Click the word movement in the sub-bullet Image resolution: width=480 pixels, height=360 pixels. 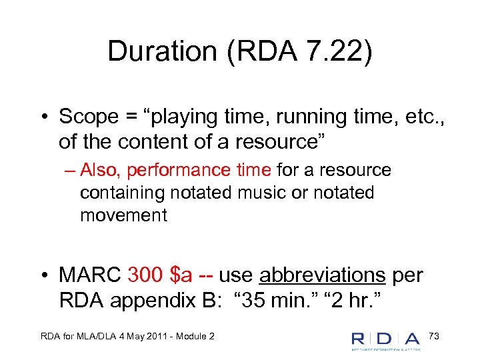tap(123, 215)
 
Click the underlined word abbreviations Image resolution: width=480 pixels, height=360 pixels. tap(322, 274)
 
